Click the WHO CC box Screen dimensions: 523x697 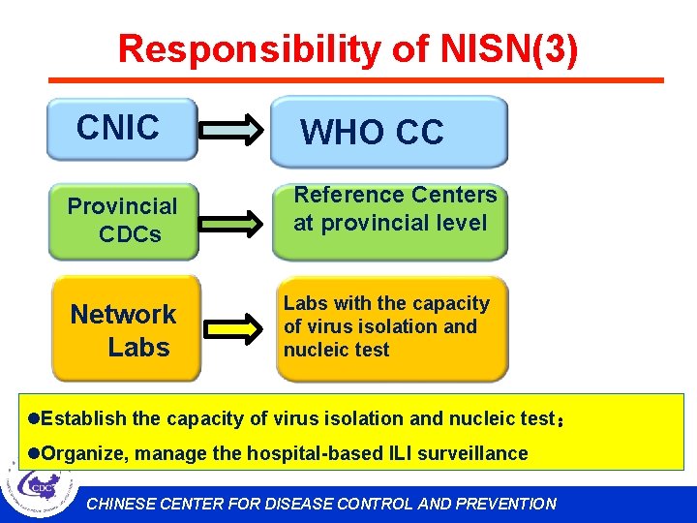point(388,132)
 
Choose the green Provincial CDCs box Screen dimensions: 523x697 point(123,222)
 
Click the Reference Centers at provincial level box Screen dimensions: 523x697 point(389,221)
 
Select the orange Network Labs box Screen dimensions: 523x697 point(125,329)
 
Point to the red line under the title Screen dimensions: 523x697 point(356,80)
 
